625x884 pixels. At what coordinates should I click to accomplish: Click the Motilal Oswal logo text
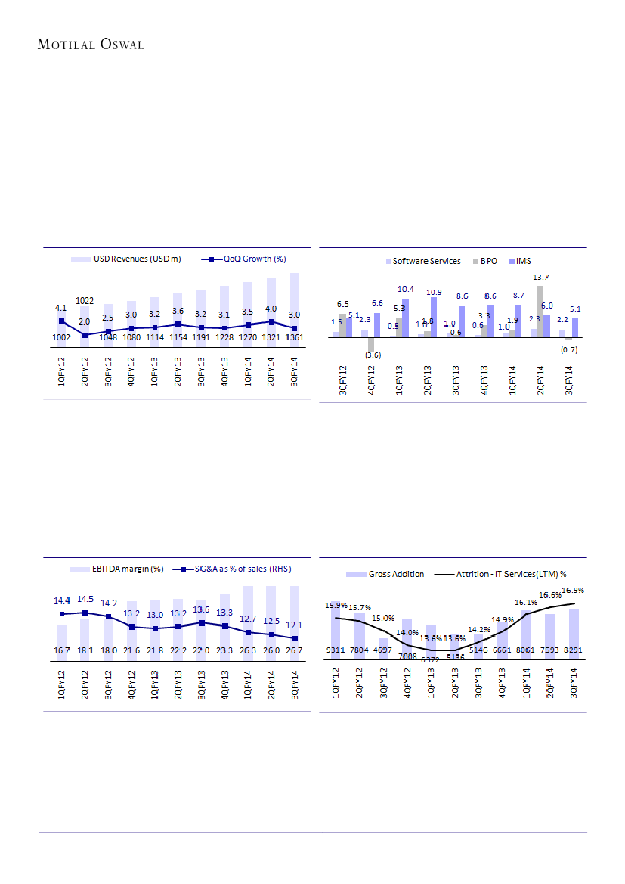pos(91,45)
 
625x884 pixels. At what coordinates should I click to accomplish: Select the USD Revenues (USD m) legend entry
pos(137,259)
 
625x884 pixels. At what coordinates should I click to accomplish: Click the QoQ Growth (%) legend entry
pos(254,259)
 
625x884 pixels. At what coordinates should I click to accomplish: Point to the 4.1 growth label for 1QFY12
pos(62,308)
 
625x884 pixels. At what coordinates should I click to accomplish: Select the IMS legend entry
pos(523,261)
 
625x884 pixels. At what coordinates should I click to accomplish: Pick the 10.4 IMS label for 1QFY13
pos(405,289)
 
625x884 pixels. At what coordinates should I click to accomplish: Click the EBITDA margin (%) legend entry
pos(127,568)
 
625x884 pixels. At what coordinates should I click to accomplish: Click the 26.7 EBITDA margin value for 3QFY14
pos(294,650)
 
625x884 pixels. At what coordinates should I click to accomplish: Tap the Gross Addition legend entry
pos(396,574)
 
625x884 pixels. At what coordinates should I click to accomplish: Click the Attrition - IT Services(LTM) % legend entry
pos(511,574)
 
